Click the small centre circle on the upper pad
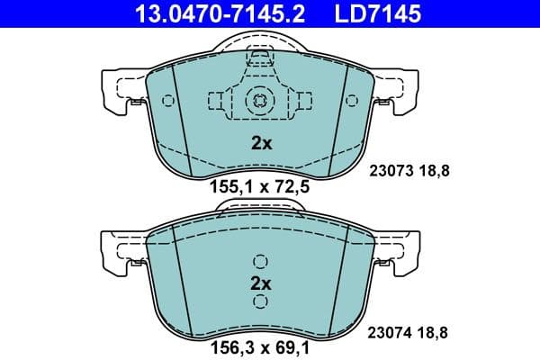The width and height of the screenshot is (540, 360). tap(259, 101)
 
